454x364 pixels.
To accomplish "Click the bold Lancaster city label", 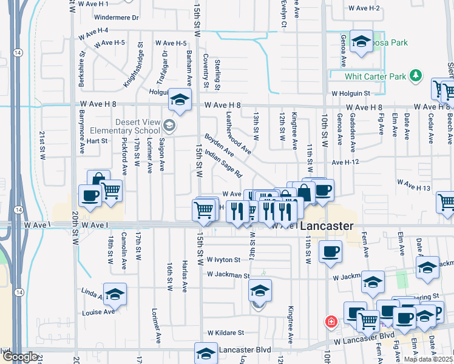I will point(327,225).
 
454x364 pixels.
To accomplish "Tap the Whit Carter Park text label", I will point(374,76).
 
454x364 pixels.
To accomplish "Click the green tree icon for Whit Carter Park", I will point(416,76).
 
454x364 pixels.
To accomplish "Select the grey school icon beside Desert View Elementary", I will point(169,126).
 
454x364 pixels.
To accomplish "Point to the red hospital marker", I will point(331,322).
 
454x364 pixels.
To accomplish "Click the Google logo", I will point(19,357).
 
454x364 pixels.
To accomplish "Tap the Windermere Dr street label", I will point(117,18).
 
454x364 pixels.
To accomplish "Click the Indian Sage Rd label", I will point(223,164).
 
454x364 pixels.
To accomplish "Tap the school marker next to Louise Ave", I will point(115,294).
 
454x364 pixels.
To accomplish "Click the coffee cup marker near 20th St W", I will point(90,196).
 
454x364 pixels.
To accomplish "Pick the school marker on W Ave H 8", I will point(180,99).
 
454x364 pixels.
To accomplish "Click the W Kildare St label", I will point(225,332).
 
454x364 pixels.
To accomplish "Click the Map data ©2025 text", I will point(428,359).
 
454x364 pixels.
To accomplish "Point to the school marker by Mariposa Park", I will point(362,42).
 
